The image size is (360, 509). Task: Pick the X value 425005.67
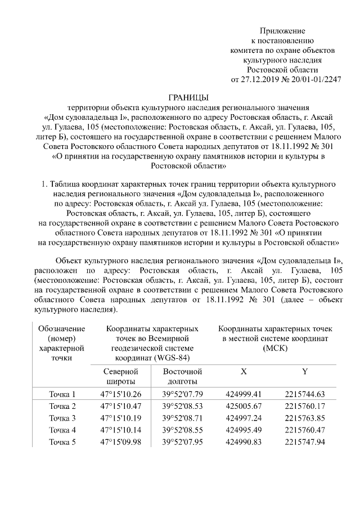tap(244, 406)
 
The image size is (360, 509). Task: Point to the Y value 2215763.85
tap(305, 418)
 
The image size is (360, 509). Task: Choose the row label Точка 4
tap(62, 430)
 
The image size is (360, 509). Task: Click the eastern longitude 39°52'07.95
tap(182, 442)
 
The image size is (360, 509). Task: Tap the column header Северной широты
tap(120, 377)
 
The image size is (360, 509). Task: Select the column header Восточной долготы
tap(182, 377)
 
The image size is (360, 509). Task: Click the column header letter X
tap(244, 372)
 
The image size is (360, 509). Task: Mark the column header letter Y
tap(305, 372)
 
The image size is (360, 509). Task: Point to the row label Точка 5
tap(62, 442)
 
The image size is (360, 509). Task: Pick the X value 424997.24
tap(244, 418)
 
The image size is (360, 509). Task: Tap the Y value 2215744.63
tap(305, 394)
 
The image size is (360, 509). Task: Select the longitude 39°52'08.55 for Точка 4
tap(182, 430)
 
